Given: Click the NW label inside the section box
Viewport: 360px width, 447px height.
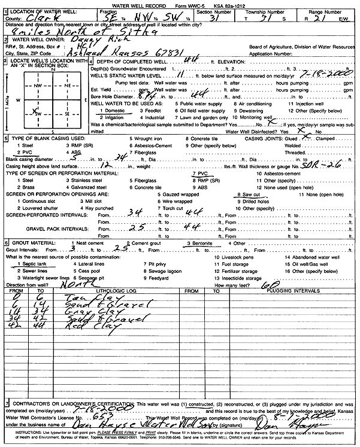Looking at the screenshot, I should coord(40,86).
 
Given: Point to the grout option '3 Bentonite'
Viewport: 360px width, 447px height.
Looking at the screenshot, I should coord(200,243).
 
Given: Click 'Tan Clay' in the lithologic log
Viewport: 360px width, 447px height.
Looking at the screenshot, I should coord(64,297).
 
